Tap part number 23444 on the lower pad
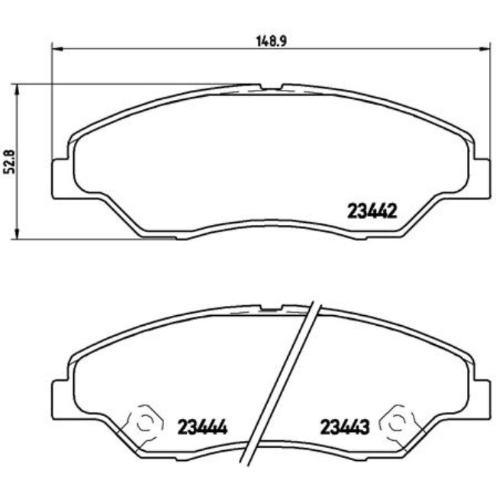pyautogui.click(x=204, y=427)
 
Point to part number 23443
pyautogui.click(x=345, y=427)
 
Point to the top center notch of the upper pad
pyautogui.click(x=271, y=86)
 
